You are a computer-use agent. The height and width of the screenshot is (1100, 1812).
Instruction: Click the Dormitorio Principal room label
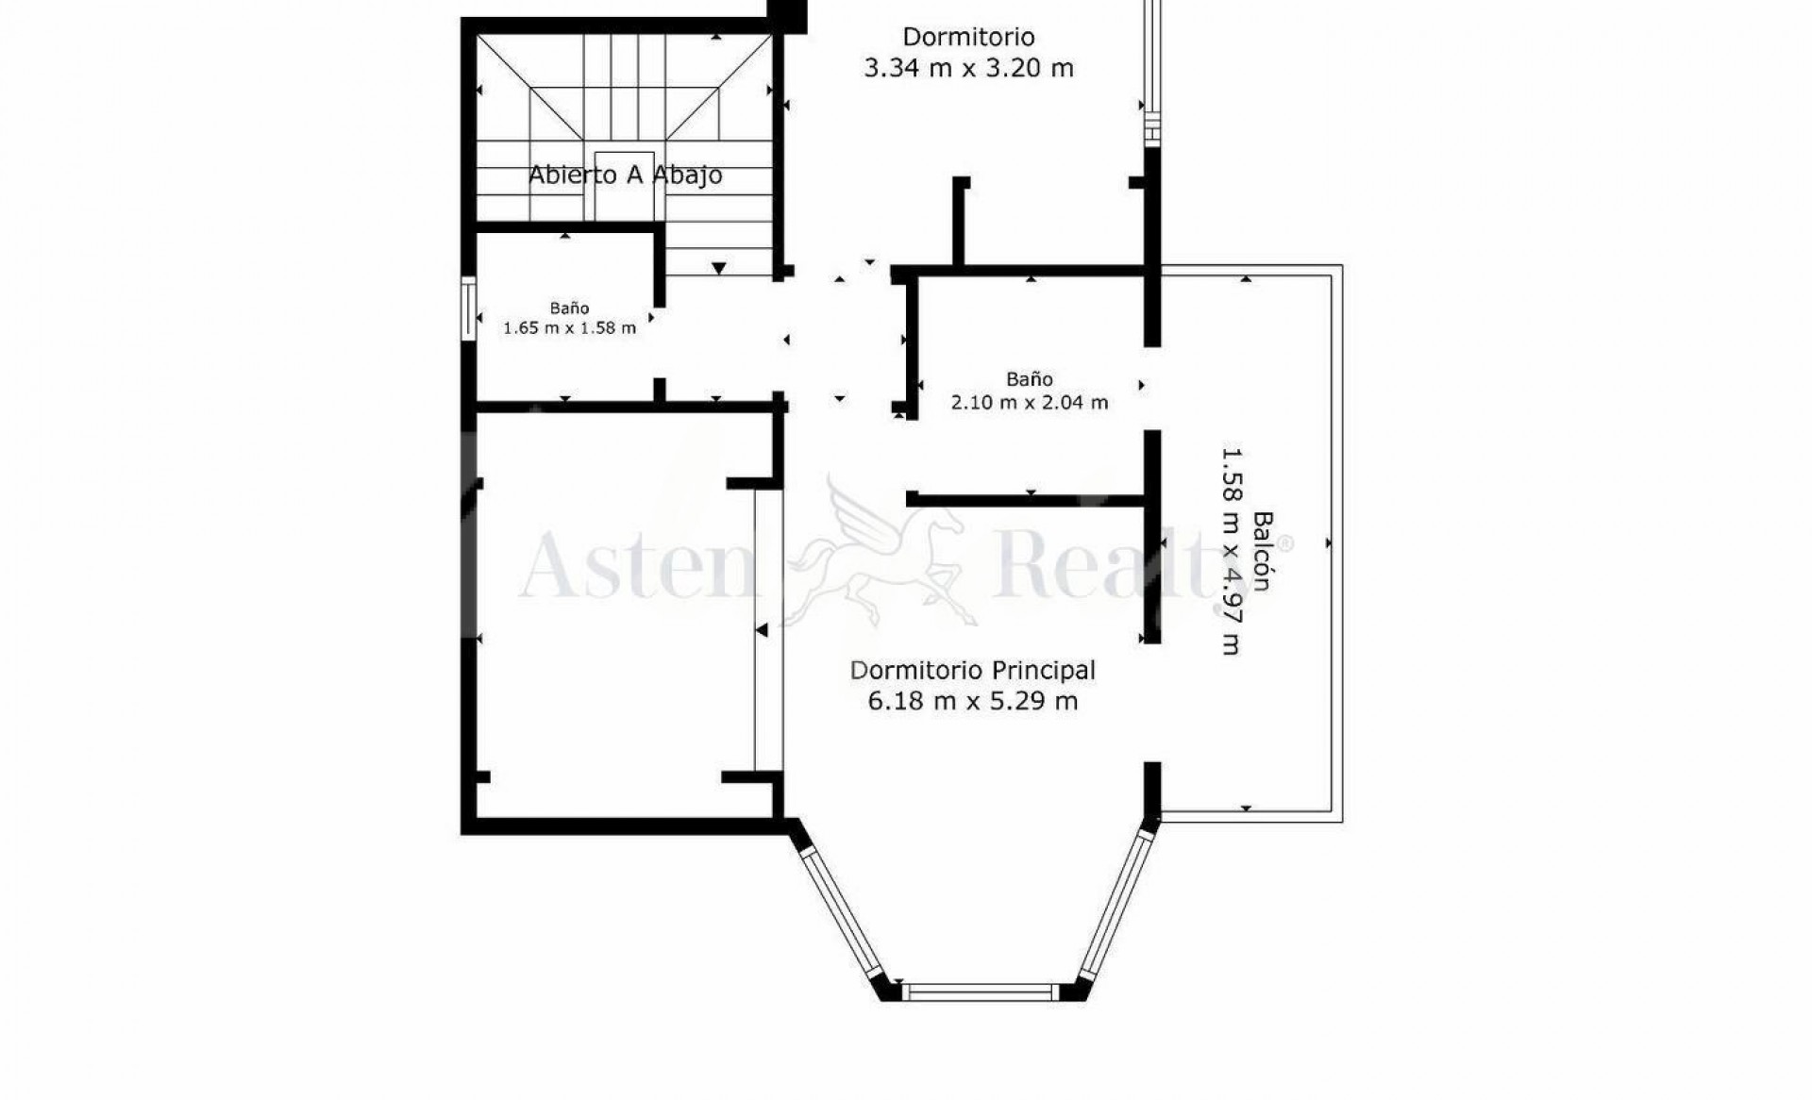point(972,671)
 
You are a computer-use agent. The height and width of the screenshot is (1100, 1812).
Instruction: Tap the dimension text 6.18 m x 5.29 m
point(972,701)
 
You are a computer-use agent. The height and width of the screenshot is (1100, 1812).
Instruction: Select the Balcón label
point(1262,551)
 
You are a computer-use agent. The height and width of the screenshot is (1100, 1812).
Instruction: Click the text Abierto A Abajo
point(625,175)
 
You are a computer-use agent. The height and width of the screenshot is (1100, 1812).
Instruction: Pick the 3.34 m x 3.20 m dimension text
point(969,68)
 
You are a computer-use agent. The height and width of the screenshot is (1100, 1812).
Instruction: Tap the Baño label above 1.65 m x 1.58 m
point(570,308)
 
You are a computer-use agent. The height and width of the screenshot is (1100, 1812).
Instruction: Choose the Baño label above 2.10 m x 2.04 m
point(1029,379)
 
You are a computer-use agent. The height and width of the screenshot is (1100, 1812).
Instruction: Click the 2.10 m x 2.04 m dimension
point(1029,403)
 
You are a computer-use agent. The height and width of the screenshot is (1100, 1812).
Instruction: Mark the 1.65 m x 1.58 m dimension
point(569,328)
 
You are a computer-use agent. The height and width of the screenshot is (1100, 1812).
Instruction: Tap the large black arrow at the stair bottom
point(719,269)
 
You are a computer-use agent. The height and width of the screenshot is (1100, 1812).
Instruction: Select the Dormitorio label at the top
point(969,37)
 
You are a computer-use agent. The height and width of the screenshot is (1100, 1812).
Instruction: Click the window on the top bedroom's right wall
point(1150,71)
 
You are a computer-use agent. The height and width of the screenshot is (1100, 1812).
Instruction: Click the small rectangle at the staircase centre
point(624,185)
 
